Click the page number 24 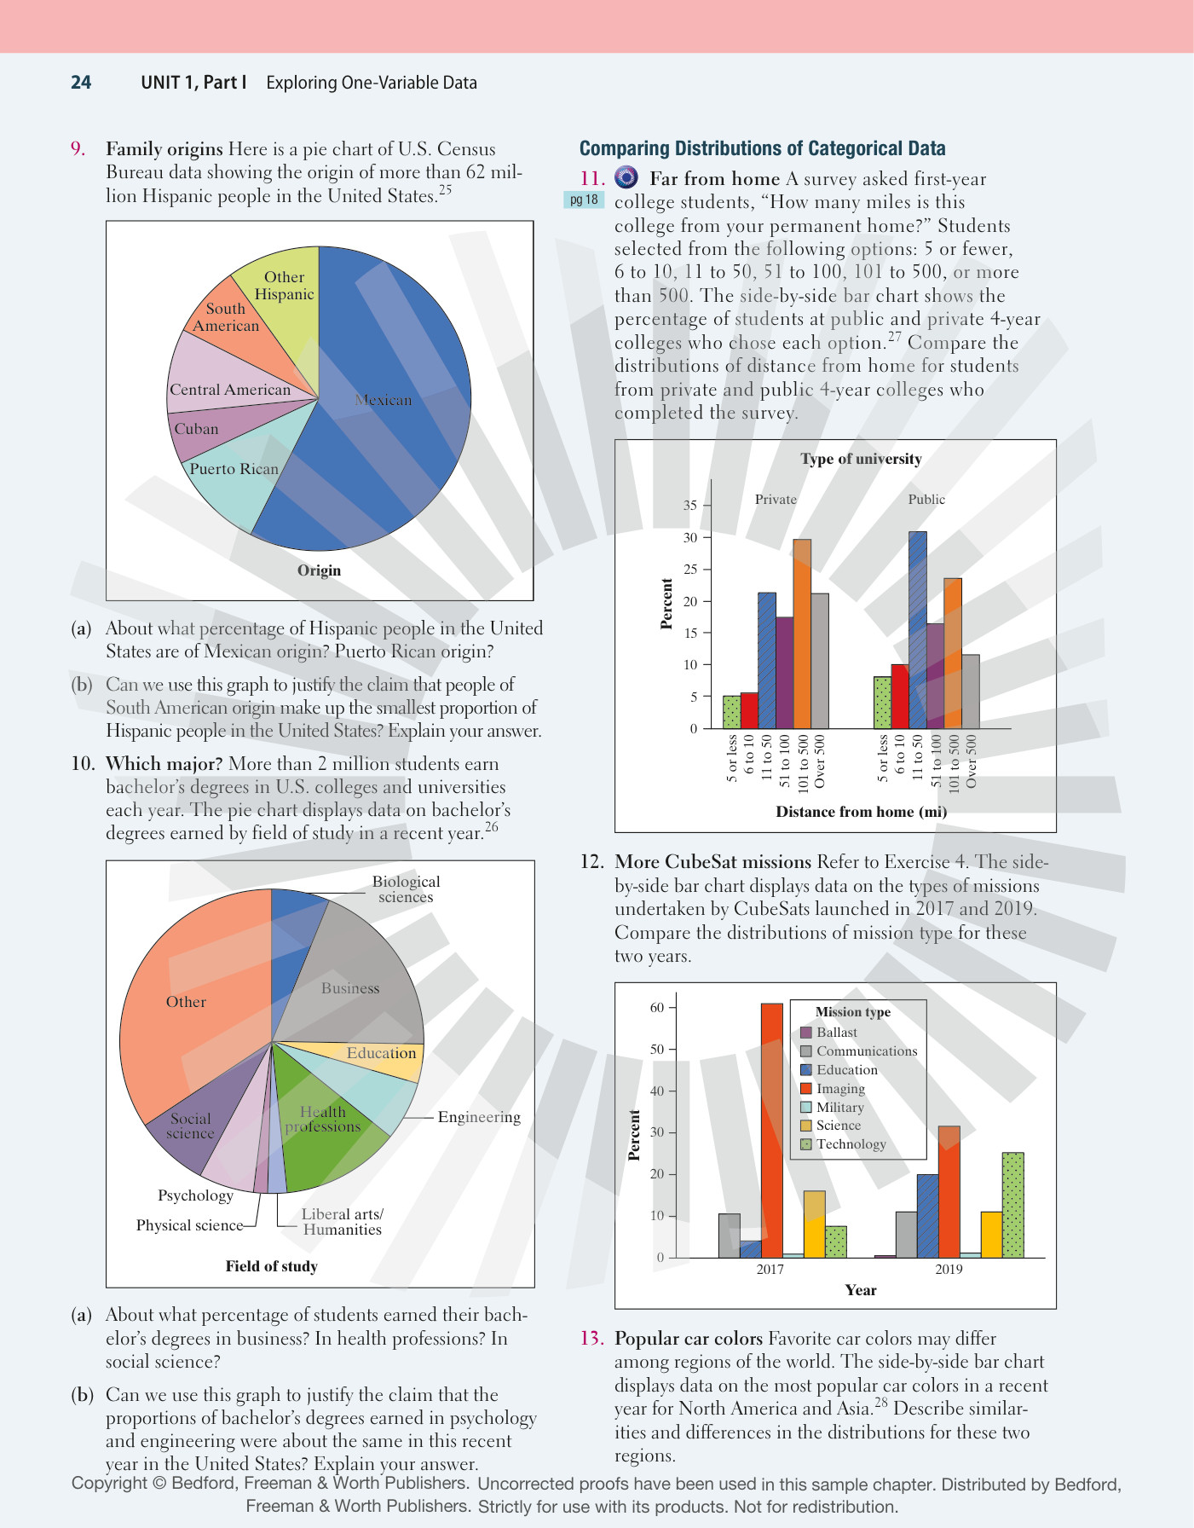coord(81,83)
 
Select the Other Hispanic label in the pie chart coord(284,286)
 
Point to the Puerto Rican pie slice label coord(234,469)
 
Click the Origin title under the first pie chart coord(319,570)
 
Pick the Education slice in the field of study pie coord(375,1057)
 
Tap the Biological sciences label coord(406,888)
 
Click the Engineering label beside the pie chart coord(479,1117)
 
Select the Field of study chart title coord(271,1266)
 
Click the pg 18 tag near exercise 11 coord(584,200)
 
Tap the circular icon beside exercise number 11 coord(626,177)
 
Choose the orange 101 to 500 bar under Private coord(802,634)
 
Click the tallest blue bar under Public coord(918,630)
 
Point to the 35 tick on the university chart coord(690,506)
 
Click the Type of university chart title coord(861,459)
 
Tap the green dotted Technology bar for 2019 coord(1012,1205)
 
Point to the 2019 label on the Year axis coord(949,1270)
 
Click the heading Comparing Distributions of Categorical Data coord(763,148)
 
